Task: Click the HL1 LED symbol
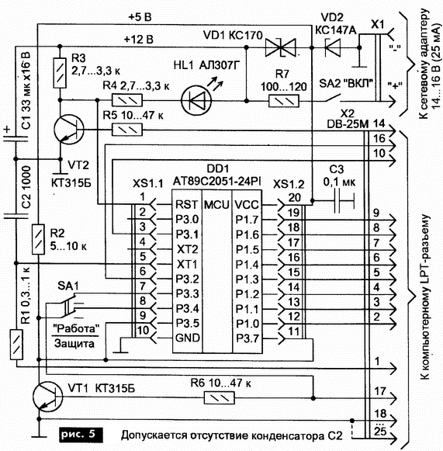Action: (196, 100)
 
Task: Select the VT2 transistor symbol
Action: (68, 129)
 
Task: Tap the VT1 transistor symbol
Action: (47, 397)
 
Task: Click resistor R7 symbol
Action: (284, 101)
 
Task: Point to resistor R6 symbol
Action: (219, 397)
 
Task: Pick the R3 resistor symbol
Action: (60, 73)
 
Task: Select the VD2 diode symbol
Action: (332, 47)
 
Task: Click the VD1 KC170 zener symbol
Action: (280, 47)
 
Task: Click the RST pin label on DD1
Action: (186, 204)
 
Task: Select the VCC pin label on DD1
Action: (247, 204)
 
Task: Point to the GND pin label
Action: (188, 338)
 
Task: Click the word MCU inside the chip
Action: (216, 204)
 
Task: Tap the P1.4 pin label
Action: (247, 265)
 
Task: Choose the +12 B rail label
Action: (139, 39)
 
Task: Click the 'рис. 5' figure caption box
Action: (81, 434)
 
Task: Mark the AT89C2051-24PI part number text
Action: (216, 182)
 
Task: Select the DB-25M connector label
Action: (348, 124)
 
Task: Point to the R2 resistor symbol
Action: (38, 239)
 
